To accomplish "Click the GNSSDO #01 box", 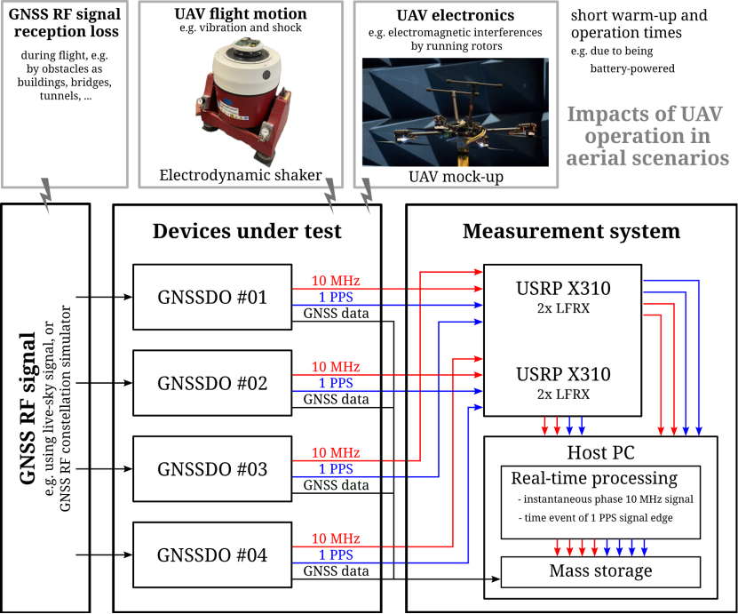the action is (x=212, y=297).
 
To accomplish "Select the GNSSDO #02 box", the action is (x=212, y=383).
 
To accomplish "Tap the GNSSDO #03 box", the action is (x=212, y=468).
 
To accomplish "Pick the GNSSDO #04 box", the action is (x=212, y=554).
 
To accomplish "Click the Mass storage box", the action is (x=600, y=571).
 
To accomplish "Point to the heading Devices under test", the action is (x=247, y=231).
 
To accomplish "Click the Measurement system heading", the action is (x=571, y=232).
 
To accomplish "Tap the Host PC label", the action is (x=600, y=452).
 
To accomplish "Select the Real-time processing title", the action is (x=594, y=478).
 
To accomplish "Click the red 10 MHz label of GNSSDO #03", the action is (x=336, y=452).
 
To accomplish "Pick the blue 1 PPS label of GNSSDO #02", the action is (x=336, y=383).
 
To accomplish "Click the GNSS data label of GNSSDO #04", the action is (x=336, y=570).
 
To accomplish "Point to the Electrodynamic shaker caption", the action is (x=241, y=175).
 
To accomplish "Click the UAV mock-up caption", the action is (x=456, y=177).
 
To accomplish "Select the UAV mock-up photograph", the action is (x=455, y=112).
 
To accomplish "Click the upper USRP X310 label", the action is (x=563, y=288).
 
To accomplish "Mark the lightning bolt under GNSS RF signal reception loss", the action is (x=45, y=195).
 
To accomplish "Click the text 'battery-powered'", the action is (x=632, y=68).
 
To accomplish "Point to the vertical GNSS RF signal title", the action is (x=28, y=408).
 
